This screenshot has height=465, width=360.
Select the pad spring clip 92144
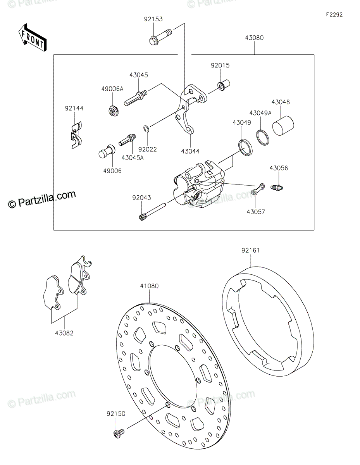tap(76, 134)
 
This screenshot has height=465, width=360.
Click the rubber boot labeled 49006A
tap(114, 111)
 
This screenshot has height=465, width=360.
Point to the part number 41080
tap(149, 286)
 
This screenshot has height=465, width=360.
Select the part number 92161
tap(250, 250)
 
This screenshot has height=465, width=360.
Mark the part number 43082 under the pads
tap(64, 332)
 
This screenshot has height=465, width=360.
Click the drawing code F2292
tap(334, 15)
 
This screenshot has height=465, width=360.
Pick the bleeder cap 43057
tap(257, 189)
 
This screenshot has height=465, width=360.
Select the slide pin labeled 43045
tap(135, 97)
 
